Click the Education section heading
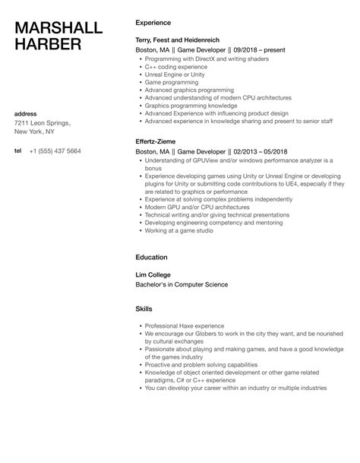[x=151, y=258]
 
